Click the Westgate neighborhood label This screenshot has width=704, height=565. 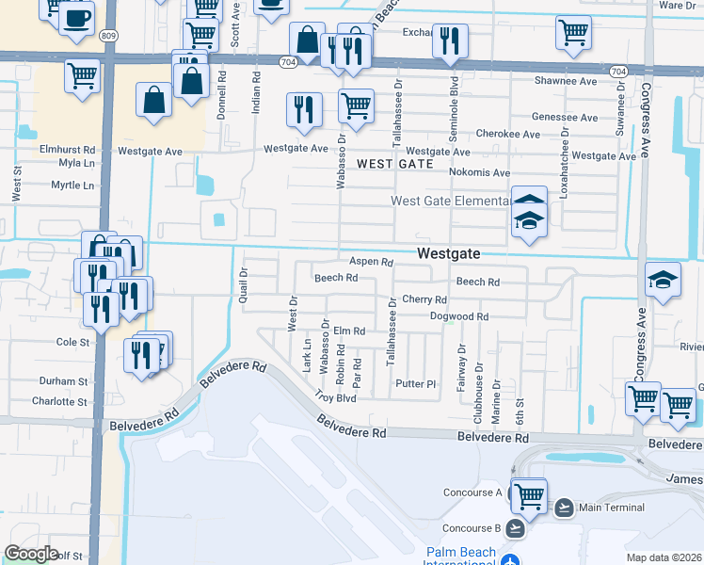[448, 253]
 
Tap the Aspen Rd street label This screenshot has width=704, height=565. [370, 262]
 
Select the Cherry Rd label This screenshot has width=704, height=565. [423, 299]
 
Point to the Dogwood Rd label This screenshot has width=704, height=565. [459, 317]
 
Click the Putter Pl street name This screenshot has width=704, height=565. [416, 384]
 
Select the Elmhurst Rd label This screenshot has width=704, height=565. [68, 150]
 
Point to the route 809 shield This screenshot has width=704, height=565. [107, 37]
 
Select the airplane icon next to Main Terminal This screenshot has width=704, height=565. [564, 508]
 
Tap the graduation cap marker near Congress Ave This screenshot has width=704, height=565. [663, 280]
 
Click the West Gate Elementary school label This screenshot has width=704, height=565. [451, 201]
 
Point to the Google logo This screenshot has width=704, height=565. [31, 554]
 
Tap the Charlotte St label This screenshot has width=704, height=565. [59, 401]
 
